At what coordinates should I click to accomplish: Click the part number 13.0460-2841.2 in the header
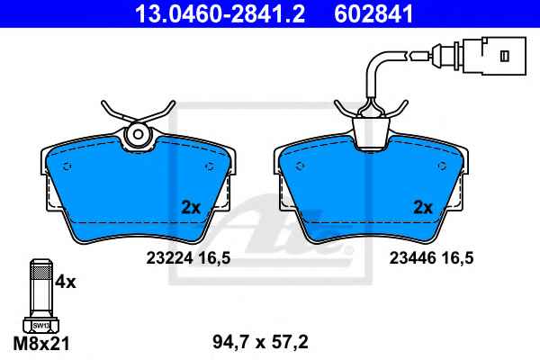coord(220,14)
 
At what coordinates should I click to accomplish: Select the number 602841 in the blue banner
coord(373,14)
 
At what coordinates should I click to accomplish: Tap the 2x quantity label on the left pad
coord(191,207)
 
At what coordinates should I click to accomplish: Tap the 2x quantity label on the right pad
coord(423,207)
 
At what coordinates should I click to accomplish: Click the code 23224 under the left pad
coord(169,257)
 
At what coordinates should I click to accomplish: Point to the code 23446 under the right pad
coord(413,257)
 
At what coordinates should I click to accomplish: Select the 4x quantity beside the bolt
coord(66,282)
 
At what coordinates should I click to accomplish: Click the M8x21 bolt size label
coord(41,343)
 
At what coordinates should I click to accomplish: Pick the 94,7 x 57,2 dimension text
coord(260,342)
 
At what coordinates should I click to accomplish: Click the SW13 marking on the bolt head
coord(41,325)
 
